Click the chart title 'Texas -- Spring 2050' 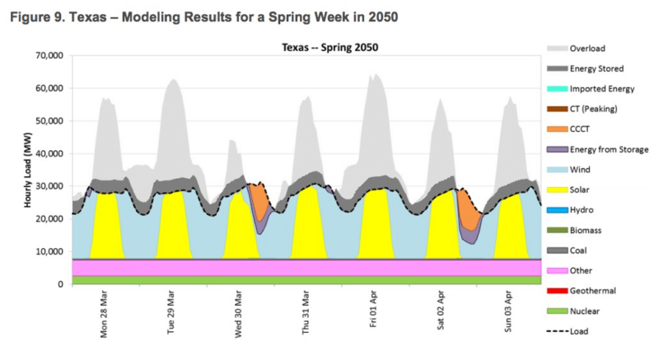(x=330, y=47)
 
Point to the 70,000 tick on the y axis (x=49, y=55)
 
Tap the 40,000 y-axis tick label (x=49, y=154)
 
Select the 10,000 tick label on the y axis (x=49, y=251)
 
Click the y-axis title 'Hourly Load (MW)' (x=28, y=171)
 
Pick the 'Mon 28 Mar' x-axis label (x=104, y=314)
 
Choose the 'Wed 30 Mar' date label (x=238, y=314)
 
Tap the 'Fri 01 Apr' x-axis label (x=373, y=309)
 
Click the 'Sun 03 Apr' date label (x=508, y=311)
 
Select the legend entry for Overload (x=576, y=49)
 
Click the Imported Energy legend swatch (x=558, y=89)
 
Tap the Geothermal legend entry (x=582, y=291)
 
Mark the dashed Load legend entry (x=568, y=331)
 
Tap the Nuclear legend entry (x=573, y=311)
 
